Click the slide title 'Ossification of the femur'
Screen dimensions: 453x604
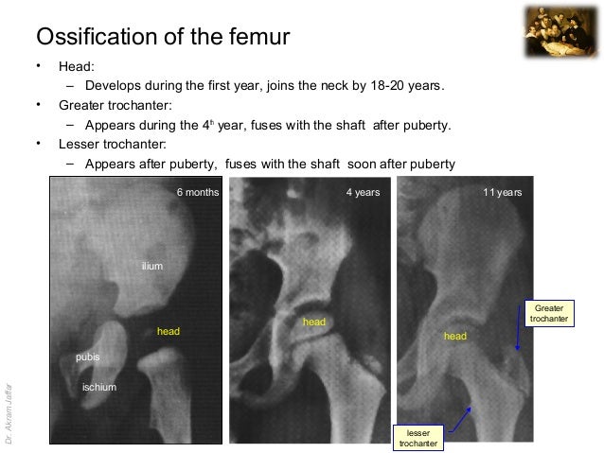coord(162,37)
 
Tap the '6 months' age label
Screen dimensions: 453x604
coord(198,192)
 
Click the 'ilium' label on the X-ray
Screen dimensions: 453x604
coord(151,267)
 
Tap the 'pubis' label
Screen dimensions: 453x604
coord(87,357)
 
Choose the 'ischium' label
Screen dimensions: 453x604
coord(98,387)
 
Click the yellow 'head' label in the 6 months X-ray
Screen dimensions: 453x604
coord(169,332)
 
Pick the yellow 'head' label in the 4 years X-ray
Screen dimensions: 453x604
coord(314,322)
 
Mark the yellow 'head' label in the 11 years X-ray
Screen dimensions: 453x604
coord(455,336)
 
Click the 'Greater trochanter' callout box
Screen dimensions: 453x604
coord(549,314)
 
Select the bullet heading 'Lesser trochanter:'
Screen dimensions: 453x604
coord(112,144)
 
